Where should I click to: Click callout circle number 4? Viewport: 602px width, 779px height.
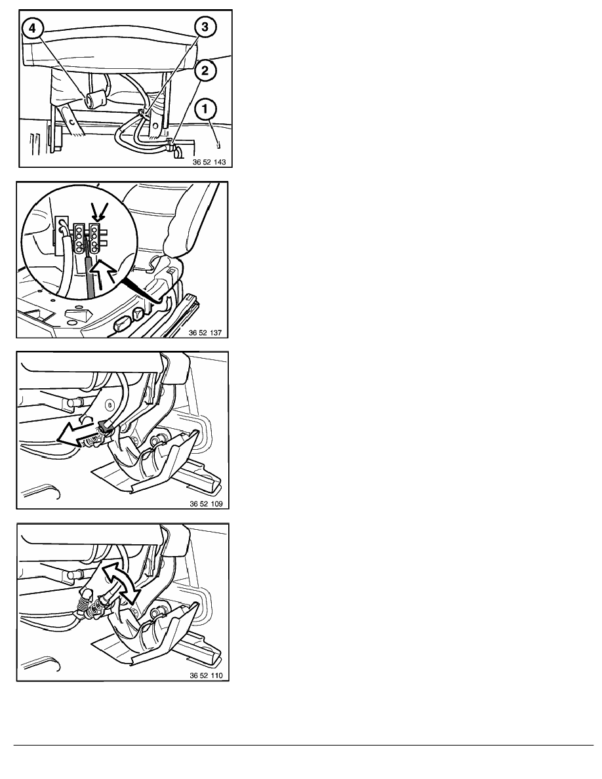(x=32, y=28)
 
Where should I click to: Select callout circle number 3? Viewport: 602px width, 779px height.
(x=205, y=26)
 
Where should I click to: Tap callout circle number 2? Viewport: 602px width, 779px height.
(x=205, y=71)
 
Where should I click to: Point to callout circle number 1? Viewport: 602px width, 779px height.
(x=206, y=109)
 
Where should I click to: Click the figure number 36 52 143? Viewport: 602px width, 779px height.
(x=209, y=162)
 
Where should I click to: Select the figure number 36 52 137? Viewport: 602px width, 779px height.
(x=205, y=333)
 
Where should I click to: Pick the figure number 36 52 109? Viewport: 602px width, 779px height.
(x=206, y=504)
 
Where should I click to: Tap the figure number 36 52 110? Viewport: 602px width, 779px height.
(x=206, y=675)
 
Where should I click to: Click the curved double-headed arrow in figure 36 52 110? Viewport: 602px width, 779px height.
(x=121, y=582)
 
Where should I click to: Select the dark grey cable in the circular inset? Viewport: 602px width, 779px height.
(x=90, y=274)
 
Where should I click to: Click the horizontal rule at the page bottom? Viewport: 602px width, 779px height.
(x=304, y=745)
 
